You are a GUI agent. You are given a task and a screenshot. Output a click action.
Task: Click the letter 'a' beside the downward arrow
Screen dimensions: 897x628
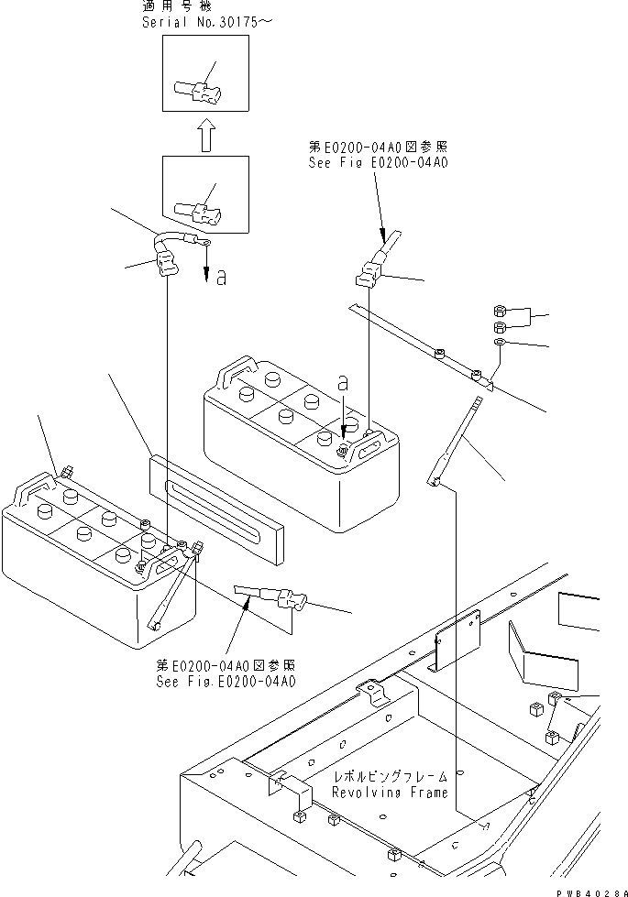coord(221,278)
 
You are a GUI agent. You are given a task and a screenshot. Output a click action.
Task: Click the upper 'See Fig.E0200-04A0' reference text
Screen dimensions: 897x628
coord(378,163)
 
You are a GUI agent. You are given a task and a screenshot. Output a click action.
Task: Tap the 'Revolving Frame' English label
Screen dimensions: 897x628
coord(390,793)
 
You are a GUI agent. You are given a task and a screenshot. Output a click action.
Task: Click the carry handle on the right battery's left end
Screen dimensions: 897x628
coord(232,375)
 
